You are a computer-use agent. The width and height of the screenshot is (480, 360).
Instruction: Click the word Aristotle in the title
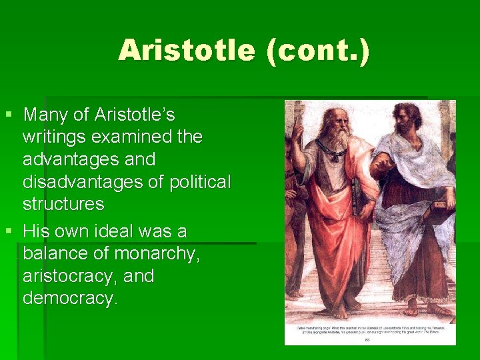coord(187,51)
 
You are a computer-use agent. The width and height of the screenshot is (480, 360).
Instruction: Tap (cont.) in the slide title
coord(317,51)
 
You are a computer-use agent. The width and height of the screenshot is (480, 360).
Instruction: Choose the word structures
coord(63,203)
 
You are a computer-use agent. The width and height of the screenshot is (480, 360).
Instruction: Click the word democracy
coord(69,298)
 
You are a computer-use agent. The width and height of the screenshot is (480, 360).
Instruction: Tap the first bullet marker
coord(9,115)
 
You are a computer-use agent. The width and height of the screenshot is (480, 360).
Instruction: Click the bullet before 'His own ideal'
coord(9,232)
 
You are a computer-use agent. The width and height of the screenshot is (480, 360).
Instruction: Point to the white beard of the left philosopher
coord(337,139)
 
